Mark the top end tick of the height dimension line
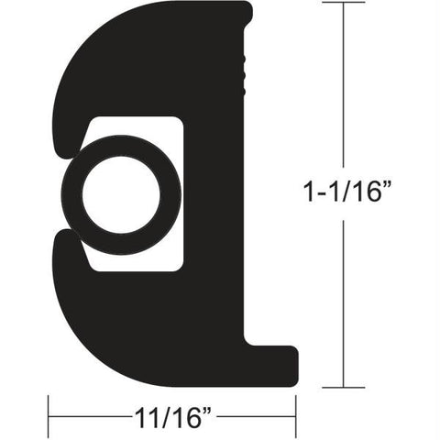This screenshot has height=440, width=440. [x=344, y=4]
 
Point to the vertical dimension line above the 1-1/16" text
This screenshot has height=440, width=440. [x=344, y=92]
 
